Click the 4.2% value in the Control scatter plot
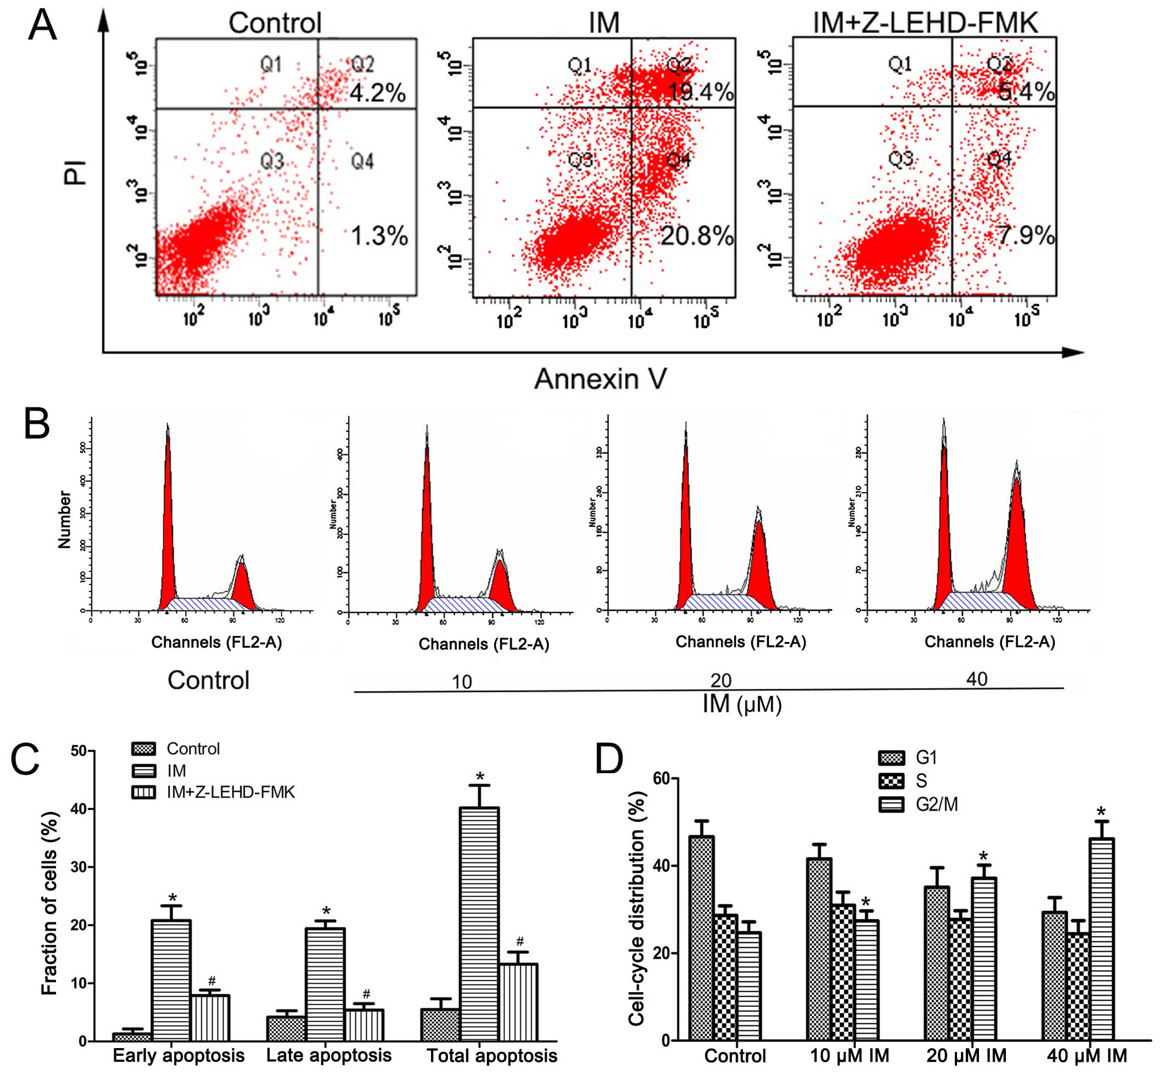point(377,93)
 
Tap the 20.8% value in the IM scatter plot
point(697,236)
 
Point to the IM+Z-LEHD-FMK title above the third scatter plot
point(925,23)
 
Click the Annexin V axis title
point(600,379)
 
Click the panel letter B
point(37,425)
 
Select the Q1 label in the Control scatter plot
point(271,64)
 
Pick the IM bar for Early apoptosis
point(171,981)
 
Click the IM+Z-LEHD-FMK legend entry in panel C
point(230,792)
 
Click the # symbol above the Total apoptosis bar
point(520,941)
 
